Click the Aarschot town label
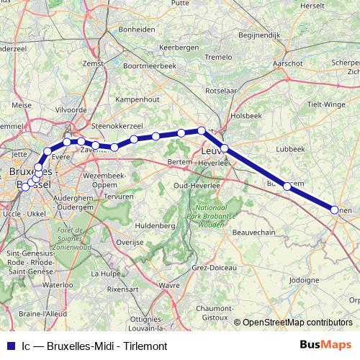287,63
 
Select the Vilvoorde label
71,109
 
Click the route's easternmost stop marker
335,210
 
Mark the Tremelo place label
219,56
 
